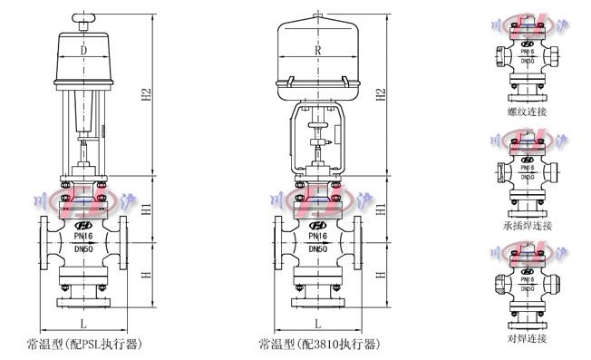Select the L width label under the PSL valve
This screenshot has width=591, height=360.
(83, 323)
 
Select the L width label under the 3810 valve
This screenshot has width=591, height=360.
(316, 323)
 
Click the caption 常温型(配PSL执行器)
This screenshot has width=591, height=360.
(85, 345)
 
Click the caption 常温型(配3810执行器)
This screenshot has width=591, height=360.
(318, 345)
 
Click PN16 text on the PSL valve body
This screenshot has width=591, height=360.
(83, 234)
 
